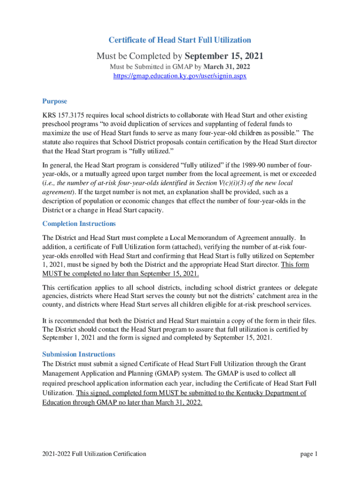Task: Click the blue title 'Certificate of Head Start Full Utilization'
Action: [180, 40]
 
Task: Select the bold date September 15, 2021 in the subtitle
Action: [224, 56]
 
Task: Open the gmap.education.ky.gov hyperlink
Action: [180, 75]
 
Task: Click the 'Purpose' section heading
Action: [55, 101]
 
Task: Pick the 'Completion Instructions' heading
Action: [79, 224]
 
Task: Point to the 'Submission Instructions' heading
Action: [79, 354]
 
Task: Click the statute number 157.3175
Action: [70, 115]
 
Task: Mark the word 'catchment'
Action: [265, 296]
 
